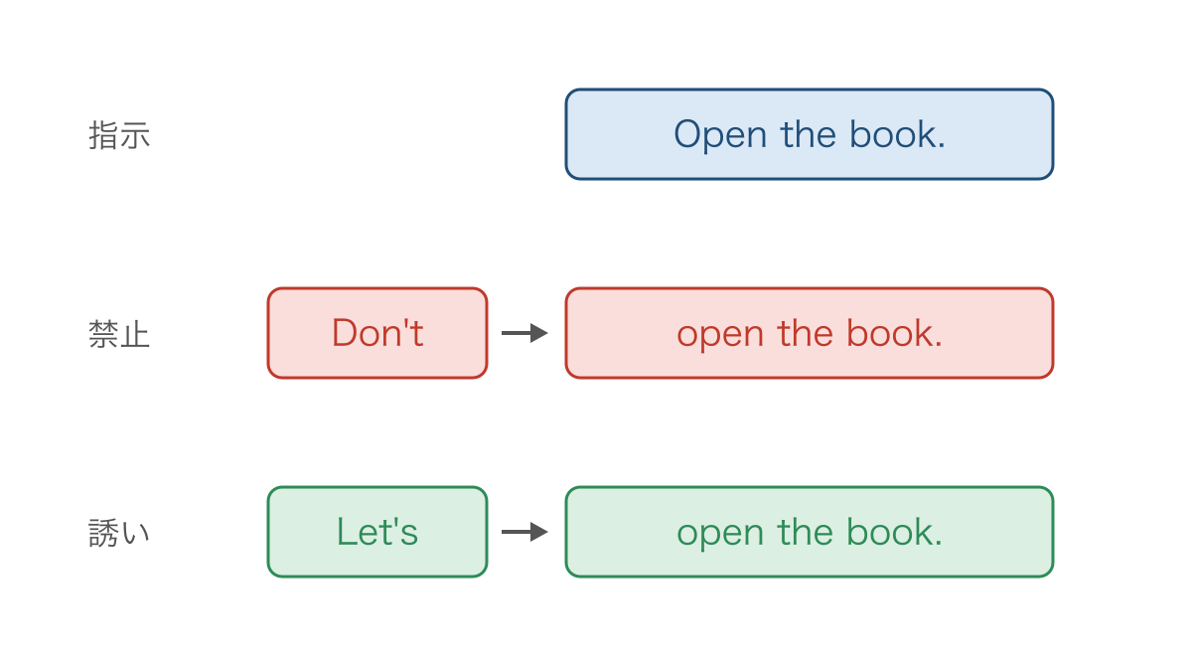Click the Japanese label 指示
coord(119,135)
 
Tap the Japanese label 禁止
coord(119,334)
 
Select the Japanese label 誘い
coord(119,533)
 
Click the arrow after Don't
coord(524,333)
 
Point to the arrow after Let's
coord(524,532)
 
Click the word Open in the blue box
coord(720,135)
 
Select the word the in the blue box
coord(808,133)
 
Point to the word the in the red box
coord(806,333)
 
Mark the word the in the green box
coord(806,532)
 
